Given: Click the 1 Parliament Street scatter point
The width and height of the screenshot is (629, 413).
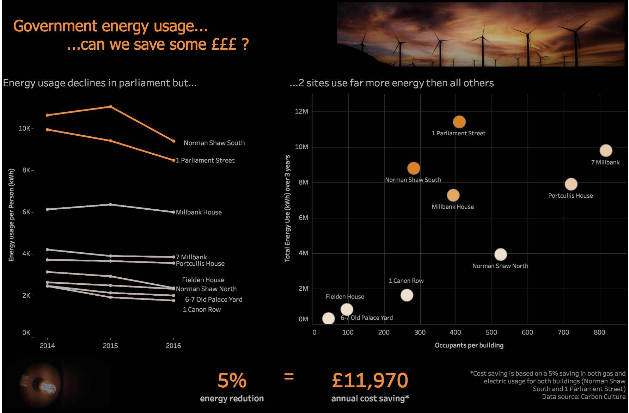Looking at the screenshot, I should [x=459, y=122].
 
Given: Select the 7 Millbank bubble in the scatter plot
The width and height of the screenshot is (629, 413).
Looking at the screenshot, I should [x=606, y=151].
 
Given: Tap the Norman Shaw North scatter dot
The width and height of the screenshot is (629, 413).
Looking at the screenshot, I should [x=500, y=254].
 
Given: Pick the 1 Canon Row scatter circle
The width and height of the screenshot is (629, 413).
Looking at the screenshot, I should [x=407, y=295].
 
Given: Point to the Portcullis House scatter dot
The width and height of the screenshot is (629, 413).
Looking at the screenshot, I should [x=571, y=184].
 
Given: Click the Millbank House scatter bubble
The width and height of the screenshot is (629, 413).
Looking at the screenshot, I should [x=453, y=195].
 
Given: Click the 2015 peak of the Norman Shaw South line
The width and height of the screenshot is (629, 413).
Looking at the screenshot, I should [x=111, y=106].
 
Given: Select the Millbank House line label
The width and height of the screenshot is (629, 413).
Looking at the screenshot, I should [x=199, y=212].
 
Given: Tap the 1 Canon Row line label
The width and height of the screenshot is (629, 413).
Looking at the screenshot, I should [x=202, y=309].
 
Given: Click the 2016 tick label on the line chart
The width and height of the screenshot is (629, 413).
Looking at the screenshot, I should [x=173, y=346].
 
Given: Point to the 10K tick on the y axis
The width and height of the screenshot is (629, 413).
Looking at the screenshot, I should [x=24, y=128].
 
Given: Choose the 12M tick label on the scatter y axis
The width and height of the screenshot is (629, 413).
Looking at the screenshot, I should [x=301, y=111].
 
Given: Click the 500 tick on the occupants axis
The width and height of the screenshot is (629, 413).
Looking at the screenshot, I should [x=491, y=332].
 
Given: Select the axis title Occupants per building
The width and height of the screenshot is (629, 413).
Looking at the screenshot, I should [x=469, y=345].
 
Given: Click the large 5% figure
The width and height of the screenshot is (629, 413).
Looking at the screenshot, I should [x=232, y=381].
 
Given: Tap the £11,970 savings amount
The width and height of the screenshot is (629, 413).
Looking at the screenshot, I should [x=370, y=381].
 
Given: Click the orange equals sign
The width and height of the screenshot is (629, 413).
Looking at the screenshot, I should [x=289, y=377].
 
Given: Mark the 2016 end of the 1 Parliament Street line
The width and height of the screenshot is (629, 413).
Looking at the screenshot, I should [x=173, y=160].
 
